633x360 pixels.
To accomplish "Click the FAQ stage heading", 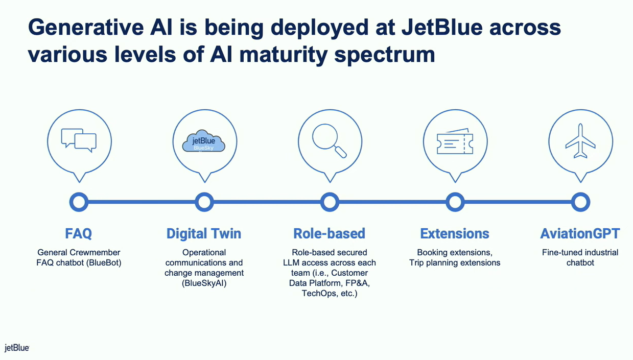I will click(79, 233).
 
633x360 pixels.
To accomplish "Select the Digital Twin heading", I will click(204, 233).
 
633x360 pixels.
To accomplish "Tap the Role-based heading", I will click(330, 233).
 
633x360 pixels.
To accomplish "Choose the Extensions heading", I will click(455, 233).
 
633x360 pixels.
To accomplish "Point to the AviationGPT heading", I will click(580, 233).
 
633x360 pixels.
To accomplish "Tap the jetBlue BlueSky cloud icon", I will click(204, 141).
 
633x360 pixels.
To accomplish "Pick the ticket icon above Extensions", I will click(455, 142).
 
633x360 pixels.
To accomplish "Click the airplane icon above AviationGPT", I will click(580, 141).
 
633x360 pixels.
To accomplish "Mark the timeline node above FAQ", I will click(79, 202).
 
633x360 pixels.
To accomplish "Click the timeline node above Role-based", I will click(330, 202).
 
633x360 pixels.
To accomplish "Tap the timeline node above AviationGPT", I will click(580, 202).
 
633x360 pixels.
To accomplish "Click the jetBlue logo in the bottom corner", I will click(17, 348).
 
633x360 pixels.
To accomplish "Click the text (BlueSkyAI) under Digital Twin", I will click(204, 283).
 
